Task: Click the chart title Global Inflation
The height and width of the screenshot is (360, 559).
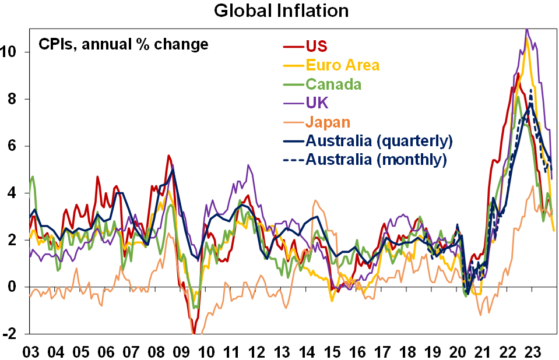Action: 282,10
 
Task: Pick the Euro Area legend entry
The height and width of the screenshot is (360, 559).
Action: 343,65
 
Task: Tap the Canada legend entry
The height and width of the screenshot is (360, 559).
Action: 333,84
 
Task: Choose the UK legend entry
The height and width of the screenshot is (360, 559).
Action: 317,103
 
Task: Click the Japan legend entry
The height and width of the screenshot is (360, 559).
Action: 328,122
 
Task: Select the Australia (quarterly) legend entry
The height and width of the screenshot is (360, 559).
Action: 379,140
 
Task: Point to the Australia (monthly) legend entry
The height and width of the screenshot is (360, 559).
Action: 376,159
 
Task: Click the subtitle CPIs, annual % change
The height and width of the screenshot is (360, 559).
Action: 123,44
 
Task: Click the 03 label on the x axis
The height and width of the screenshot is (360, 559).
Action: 31,352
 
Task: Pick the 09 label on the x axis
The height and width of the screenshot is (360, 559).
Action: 181,352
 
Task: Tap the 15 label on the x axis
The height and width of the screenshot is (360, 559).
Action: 332,352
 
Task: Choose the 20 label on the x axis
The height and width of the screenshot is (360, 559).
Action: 457,352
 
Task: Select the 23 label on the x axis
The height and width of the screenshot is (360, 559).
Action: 532,352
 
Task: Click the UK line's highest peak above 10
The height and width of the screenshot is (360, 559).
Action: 527,29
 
